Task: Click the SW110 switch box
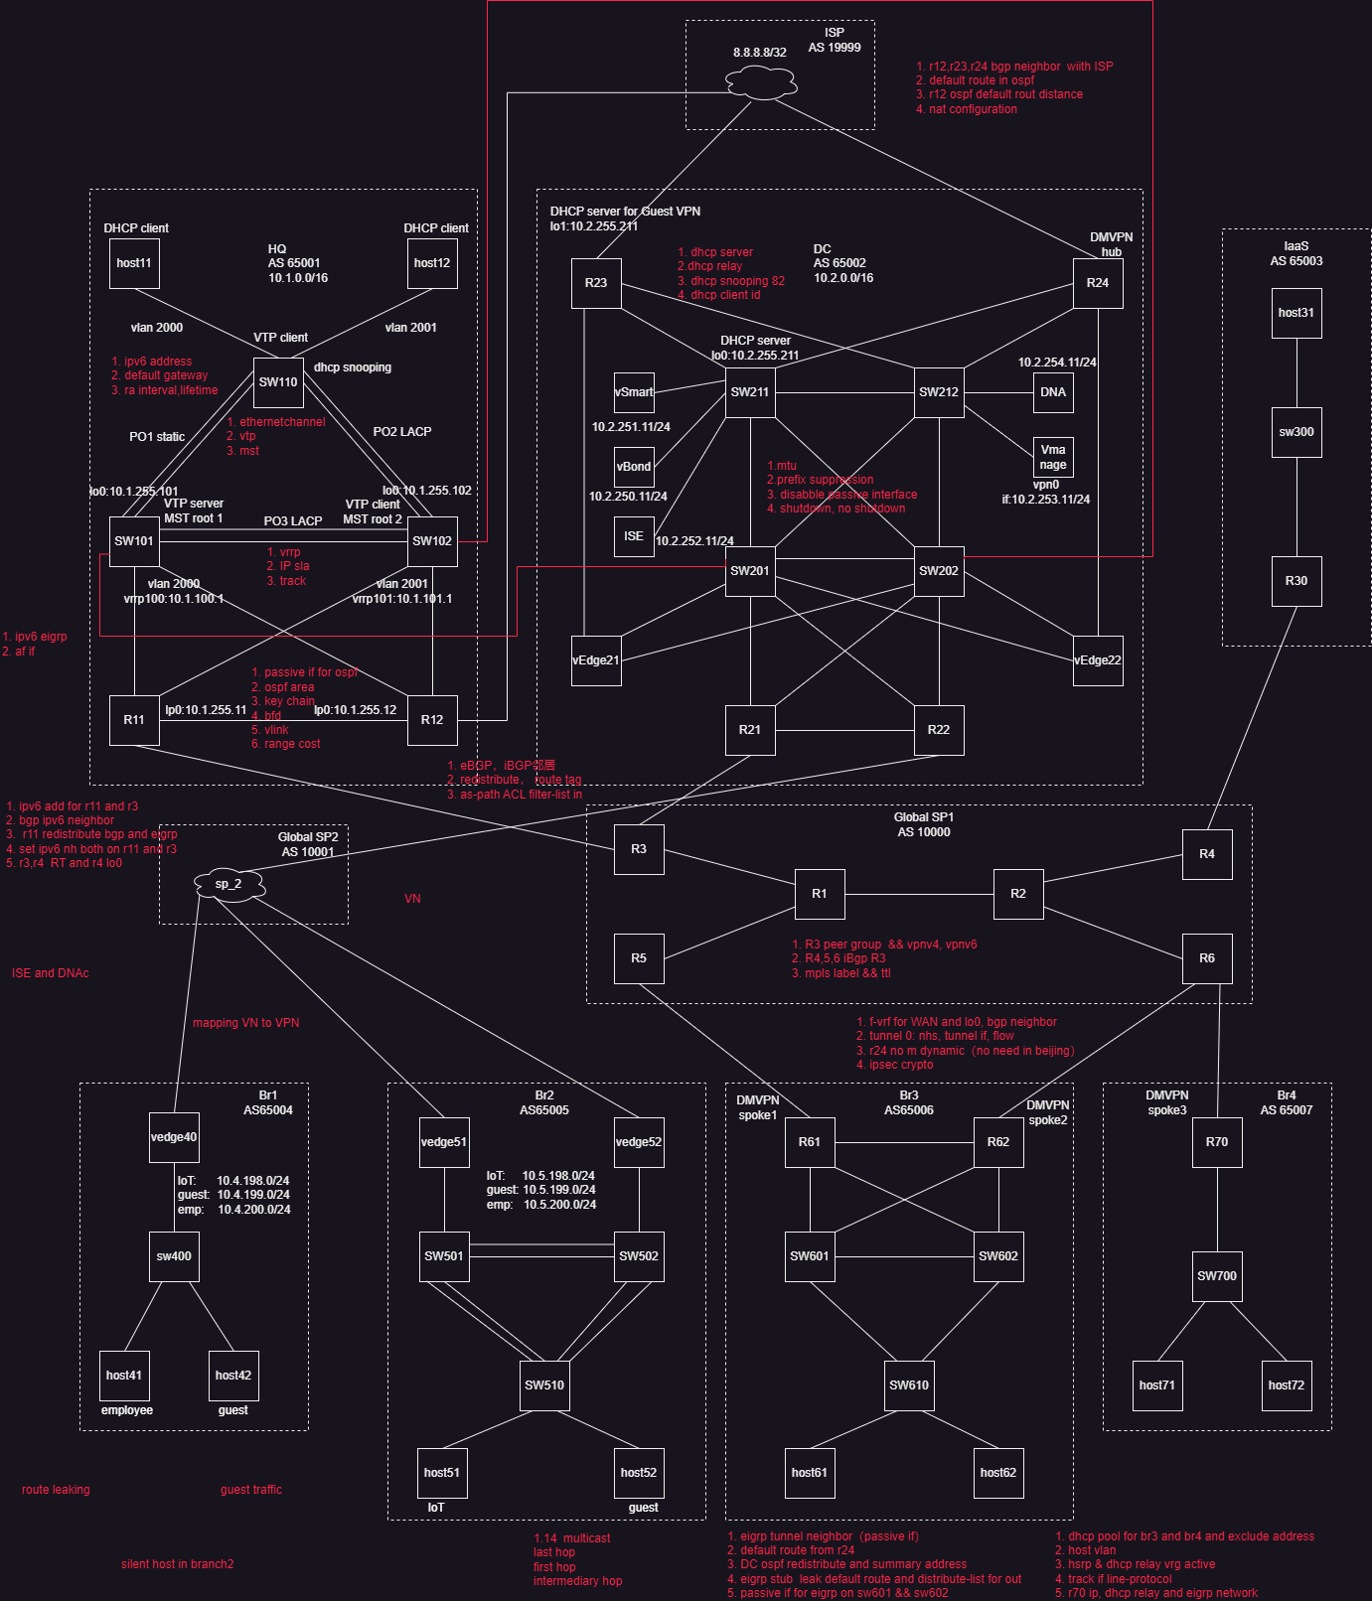278,382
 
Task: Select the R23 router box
596,283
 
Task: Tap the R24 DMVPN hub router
1098,283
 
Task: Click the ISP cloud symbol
761,81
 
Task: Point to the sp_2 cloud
229,884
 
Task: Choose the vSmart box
634,392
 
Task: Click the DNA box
1053,392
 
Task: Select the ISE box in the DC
634,536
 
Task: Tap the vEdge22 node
1098,660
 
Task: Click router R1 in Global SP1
820,894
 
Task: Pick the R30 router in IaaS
1296,581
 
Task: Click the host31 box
1296,313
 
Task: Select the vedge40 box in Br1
174,1137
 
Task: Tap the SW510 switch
544,1385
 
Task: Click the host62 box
998,1473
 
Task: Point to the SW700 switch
1217,1276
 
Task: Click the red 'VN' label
412,899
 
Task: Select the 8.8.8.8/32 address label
760,53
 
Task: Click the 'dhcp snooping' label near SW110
353,367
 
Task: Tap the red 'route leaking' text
56,1490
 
